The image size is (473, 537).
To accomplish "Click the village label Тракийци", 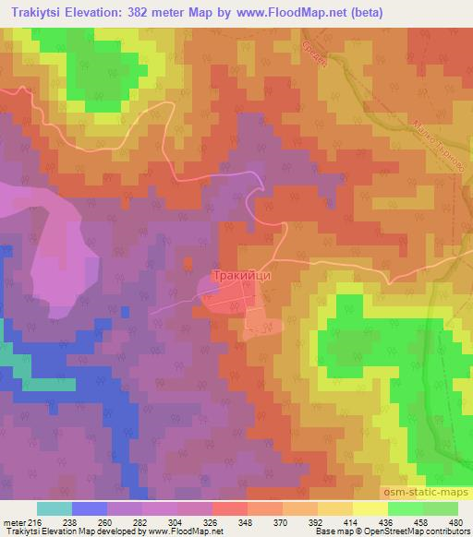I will [243, 274].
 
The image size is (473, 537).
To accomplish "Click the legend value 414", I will [370, 522].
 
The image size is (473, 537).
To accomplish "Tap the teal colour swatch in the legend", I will [55, 508].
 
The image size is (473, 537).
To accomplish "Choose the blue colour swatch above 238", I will [90, 508].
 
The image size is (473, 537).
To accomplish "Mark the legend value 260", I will [120, 522].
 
